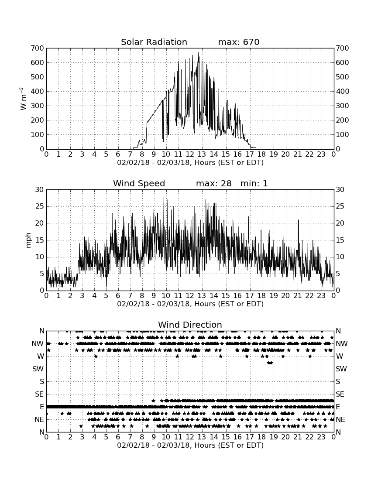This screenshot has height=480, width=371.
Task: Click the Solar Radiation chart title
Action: pos(154,42)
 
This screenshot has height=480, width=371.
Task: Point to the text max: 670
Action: pos(239,42)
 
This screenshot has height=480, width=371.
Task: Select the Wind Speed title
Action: pos(139,183)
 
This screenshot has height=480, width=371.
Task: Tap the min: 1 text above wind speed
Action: pos(254,183)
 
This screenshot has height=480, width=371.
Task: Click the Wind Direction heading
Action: pos(190,325)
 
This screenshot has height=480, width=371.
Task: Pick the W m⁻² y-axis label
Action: pos(23,99)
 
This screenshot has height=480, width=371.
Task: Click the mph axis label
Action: pos(28,240)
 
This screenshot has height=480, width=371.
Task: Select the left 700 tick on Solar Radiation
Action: pos(38,48)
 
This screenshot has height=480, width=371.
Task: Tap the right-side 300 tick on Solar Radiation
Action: pos(342,106)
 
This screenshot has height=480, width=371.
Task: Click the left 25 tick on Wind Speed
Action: pos(40,206)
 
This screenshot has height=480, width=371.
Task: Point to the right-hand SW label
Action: pos(341,369)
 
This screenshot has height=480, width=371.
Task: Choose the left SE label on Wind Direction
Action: pos(39,394)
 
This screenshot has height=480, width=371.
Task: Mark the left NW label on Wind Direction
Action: pos(38,344)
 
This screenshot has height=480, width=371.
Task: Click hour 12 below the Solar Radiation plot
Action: pos(190,154)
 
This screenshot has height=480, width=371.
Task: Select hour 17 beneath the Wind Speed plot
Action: pos(250,296)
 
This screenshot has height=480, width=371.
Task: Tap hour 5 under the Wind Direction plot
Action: pos(106,437)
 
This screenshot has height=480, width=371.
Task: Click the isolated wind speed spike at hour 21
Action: pos(299,228)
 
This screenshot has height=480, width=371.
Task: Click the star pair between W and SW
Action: pos(270,363)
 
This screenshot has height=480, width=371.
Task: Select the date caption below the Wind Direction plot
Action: pos(190,445)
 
